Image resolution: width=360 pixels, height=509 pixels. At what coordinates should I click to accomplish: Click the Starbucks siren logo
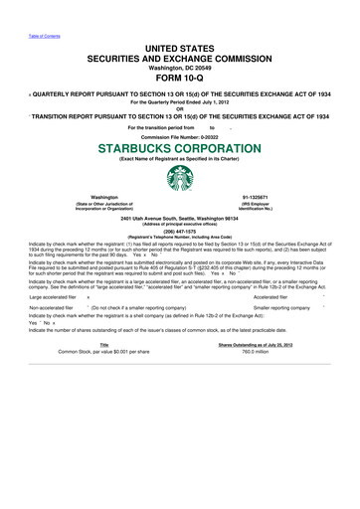[x=180, y=184]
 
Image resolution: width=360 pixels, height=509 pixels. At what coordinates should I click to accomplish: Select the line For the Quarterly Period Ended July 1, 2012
[x=180, y=99]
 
